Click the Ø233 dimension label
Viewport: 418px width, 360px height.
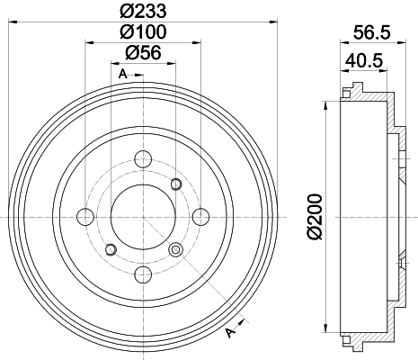coord(143,11)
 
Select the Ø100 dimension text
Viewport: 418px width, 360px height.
coord(143,31)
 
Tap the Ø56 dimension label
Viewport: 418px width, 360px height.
coord(143,53)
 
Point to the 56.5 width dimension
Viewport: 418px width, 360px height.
coord(372,32)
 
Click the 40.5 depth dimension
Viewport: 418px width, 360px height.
coord(364,61)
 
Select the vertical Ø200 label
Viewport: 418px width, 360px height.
coord(315,217)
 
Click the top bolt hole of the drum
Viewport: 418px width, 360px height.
coord(143,159)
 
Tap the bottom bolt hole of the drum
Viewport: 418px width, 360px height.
coord(143,274)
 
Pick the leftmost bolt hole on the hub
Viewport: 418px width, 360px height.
coord(85,217)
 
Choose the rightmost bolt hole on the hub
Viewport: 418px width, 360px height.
coord(200,217)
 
